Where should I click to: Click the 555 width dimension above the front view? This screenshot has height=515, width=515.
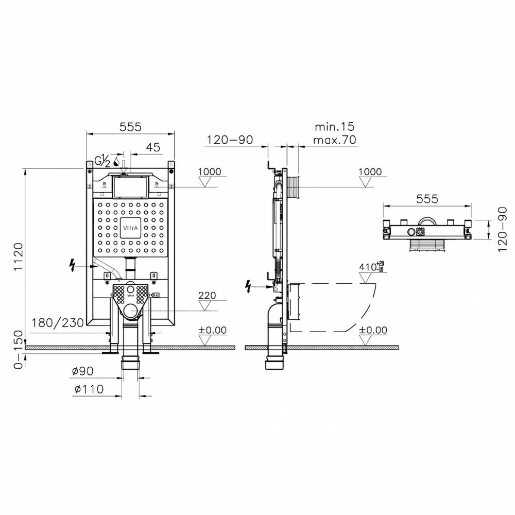click(x=130, y=127)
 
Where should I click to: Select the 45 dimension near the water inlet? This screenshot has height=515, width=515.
click(x=153, y=148)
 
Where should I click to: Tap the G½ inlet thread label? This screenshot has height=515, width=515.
click(x=101, y=161)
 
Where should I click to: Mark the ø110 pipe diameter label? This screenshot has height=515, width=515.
click(x=89, y=389)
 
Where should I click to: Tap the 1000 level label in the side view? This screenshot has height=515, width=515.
click(x=371, y=172)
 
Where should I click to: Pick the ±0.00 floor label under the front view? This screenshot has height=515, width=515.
click(x=212, y=330)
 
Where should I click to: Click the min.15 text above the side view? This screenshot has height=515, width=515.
click(x=334, y=127)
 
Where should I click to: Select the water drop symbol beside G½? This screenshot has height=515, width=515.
click(x=116, y=162)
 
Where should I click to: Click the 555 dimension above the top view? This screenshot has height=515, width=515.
click(x=427, y=198)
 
